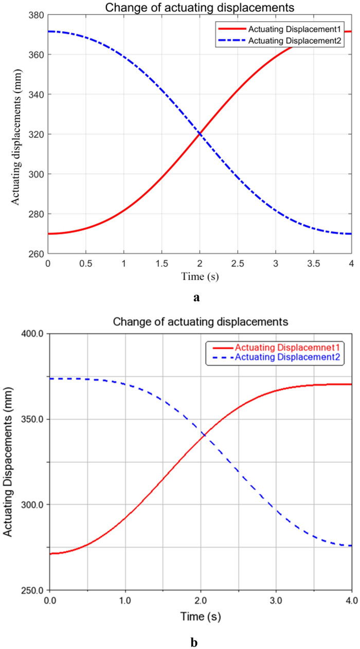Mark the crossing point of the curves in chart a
click(199, 134)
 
